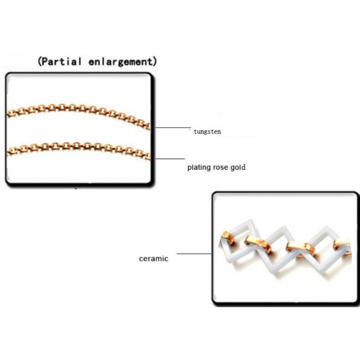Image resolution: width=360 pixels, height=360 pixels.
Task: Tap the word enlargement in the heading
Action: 121,62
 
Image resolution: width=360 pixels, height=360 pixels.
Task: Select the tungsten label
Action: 207,131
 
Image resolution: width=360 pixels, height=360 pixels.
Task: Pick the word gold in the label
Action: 238,167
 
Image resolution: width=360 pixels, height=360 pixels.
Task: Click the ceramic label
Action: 154,259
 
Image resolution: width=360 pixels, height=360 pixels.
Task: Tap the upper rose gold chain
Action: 79,114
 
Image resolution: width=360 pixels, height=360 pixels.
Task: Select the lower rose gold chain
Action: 79,149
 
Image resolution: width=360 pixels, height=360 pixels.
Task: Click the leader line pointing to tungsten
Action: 173,127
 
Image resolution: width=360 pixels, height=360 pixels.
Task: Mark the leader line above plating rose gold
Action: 170,158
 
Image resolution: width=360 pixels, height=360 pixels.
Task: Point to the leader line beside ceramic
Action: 194,254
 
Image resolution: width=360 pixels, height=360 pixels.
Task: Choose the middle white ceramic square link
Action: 278,248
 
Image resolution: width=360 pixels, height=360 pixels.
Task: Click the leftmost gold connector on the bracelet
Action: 227,238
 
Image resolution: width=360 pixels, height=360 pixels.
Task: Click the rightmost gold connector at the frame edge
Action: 342,247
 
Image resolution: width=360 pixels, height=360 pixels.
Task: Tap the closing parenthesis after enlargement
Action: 155,62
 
